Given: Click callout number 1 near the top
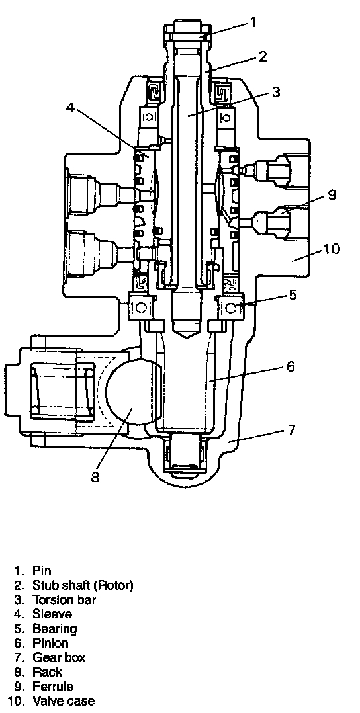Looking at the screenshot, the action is click(x=253, y=22).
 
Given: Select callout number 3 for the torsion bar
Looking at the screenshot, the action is click(x=275, y=91).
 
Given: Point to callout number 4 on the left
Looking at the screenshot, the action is click(x=70, y=108).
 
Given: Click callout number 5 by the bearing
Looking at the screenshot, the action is click(x=292, y=294).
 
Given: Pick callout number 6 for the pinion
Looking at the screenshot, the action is click(x=291, y=365).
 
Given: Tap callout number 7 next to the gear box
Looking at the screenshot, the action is click(x=291, y=429).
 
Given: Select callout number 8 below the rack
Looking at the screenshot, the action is click(x=95, y=478).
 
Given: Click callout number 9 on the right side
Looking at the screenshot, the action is click(x=332, y=195).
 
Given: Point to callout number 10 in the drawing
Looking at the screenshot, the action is click(x=332, y=249).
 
